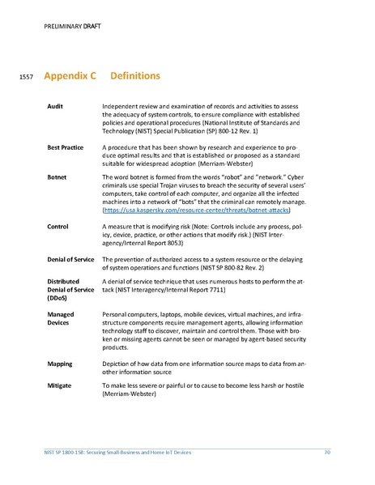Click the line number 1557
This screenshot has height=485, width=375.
[x=24, y=79]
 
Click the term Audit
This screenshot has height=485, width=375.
[x=56, y=107]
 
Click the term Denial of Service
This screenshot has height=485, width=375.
[x=72, y=257]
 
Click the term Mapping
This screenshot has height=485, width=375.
[x=61, y=364]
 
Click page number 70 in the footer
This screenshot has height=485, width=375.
[x=326, y=451]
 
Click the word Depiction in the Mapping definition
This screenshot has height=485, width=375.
[x=118, y=364]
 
